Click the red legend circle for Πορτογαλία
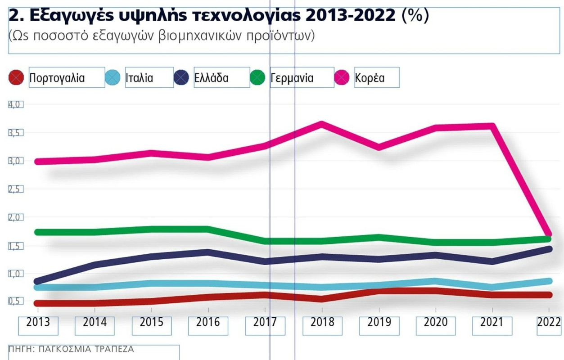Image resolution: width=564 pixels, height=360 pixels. click(x=17, y=78)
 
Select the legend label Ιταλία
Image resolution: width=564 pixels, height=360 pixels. click(x=140, y=78)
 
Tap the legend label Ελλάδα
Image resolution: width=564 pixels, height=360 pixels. click(x=211, y=78)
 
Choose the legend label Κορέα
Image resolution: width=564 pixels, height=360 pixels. click(x=370, y=78)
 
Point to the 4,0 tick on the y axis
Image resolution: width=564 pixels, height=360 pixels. click(x=15, y=104)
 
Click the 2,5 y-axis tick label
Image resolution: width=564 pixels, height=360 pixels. click(x=15, y=189)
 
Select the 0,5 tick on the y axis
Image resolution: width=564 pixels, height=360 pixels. click(x=15, y=301)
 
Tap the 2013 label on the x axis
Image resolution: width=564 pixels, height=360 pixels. click(x=38, y=323)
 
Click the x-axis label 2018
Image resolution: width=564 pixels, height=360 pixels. click(x=322, y=323)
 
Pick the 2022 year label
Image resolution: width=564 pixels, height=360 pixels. click(x=549, y=323)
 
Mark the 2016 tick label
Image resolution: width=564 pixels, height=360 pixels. click(x=208, y=323)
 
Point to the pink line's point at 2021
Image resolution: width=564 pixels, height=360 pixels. click(x=492, y=126)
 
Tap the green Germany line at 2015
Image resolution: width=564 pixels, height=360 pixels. click(x=152, y=229)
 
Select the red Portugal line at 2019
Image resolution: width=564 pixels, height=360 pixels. click(x=379, y=291)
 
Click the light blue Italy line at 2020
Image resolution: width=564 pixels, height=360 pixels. click(x=436, y=281)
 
